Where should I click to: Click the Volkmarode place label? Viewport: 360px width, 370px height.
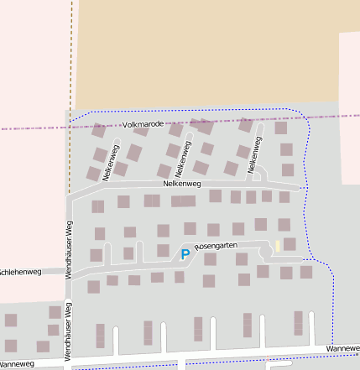(x=143, y=124)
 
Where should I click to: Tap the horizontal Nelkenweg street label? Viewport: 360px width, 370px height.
(x=182, y=183)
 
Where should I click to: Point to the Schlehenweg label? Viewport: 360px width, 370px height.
(x=20, y=272)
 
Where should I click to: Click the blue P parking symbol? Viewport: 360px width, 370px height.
(x=185, y=253)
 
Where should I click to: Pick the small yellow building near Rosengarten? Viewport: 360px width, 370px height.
(x=278, y=246)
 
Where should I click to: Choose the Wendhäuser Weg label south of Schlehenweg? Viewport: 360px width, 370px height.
(x=69, y=331)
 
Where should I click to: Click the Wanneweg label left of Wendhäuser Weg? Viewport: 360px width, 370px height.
(x=17, y=364)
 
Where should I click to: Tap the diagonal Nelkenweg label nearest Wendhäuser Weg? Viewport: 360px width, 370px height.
(x=111, y=162)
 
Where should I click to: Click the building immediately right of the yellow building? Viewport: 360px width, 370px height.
(x=290, y=244)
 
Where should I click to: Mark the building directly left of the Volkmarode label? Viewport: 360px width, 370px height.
(x=99, y=130)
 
